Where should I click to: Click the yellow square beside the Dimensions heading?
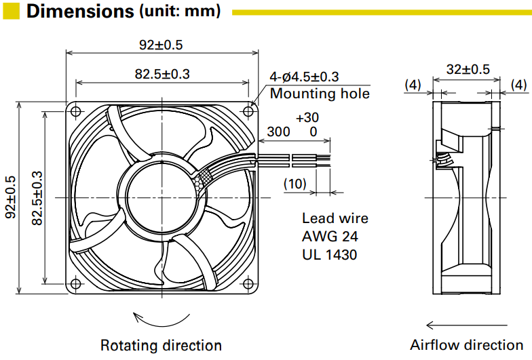point(12,11)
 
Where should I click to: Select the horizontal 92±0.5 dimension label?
point(161,45)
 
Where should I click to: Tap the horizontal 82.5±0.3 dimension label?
point(161,74)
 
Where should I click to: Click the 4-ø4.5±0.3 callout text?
point(304,77)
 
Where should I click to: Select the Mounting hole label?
point(320,94)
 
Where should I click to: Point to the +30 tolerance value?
point(307,117)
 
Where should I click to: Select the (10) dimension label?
point(294,184)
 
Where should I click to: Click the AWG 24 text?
point(330,237)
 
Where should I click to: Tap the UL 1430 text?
point(330,255)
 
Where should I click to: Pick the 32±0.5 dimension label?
point(468,68)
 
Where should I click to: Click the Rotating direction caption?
point(161,346)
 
